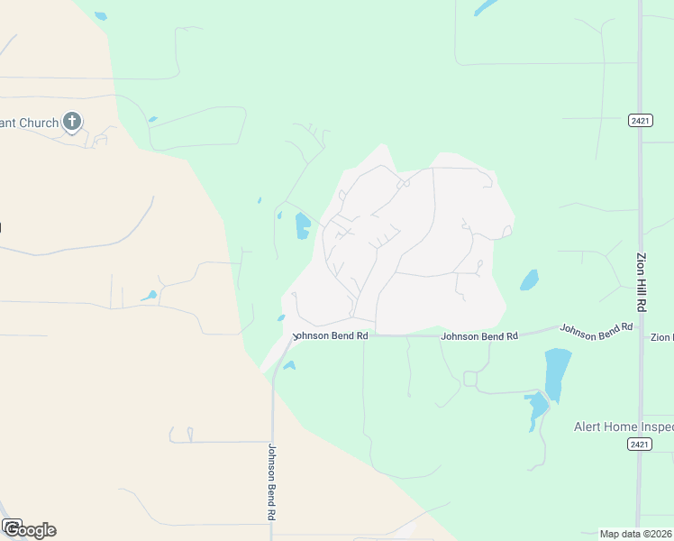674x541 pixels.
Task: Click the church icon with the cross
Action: (x=72, y=122)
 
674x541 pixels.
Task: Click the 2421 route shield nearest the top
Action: (x=640, y=120)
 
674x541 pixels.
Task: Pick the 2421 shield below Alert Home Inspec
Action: (x=640, y=445)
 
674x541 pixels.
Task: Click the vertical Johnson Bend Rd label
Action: (x=271, y=481)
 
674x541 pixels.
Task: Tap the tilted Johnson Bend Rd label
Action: (x=591, y=331)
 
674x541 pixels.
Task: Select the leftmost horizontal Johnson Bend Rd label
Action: (x=331, y=335)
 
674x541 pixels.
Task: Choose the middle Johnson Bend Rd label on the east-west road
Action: (x=479, y=336)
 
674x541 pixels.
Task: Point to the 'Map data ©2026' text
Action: (x=636, y=534)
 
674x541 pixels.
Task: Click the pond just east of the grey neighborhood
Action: (x=530, y=280)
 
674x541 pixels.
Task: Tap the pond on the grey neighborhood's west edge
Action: (x=303, y=225)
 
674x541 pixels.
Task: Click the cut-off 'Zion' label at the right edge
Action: (x=662, y=337)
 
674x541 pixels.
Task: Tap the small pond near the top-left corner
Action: (x=100, y=16)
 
